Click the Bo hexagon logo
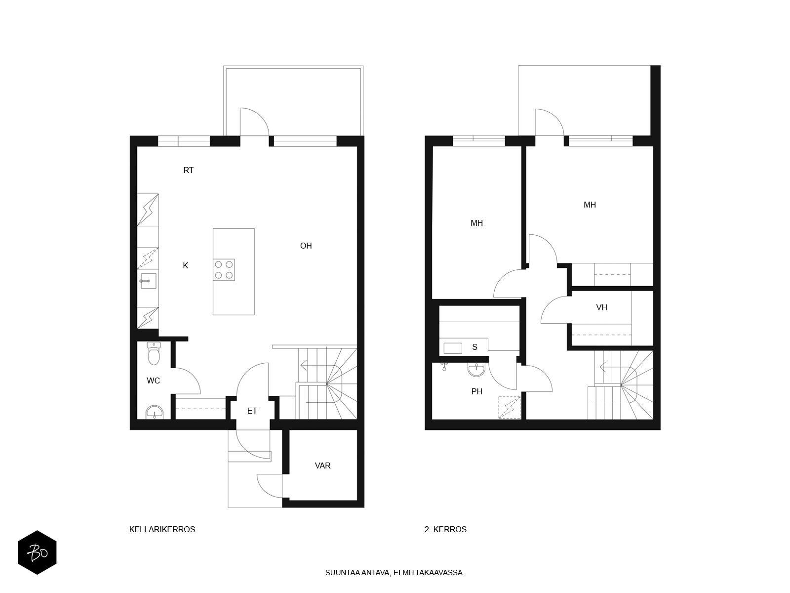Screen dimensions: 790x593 [x=37, y=552]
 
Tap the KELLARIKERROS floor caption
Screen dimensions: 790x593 [x=162, y=529]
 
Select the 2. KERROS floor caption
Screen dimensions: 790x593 [x=445, y=529]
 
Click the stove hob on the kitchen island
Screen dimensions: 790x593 [x=224, y=270]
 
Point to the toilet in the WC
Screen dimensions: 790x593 [x=154, y=353]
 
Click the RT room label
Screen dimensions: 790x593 [x=188, y=170]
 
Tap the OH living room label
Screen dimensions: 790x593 [x=306, y=246]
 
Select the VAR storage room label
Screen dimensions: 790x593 [x=322, y=466]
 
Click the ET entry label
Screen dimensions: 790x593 [x=252, y=411]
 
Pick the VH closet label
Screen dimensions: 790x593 [x=601, y=307]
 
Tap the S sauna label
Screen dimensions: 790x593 [x=474, y=347]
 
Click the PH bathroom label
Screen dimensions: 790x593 [x=476, y=391]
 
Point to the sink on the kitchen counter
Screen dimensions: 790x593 [x=148, y=281]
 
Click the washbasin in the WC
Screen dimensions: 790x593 [x=155, y=412]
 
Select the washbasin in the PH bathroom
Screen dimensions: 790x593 [x=476, y=370]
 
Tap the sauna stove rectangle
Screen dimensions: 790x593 [x=453, y=348]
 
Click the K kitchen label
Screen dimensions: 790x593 [x=185, y=265]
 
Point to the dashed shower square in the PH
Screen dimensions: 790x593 [x=509, y=407]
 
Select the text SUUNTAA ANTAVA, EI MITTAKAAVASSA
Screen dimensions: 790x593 [x=395, y=572]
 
